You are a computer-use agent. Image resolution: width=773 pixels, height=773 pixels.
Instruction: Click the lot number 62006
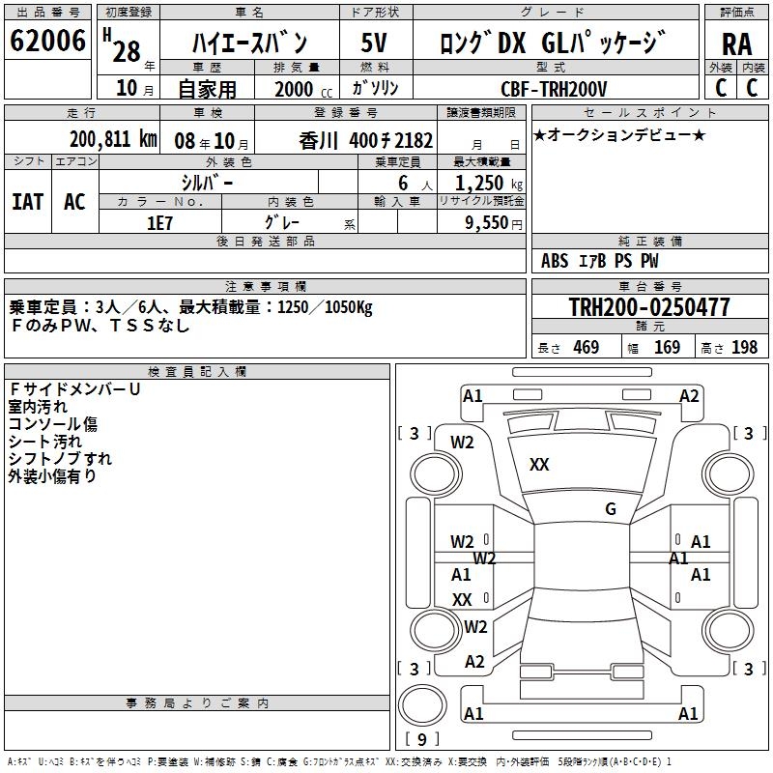(47, 40)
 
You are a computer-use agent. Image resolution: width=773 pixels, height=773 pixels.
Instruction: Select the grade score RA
(736, 44)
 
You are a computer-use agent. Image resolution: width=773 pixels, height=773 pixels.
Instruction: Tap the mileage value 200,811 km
(113, 139)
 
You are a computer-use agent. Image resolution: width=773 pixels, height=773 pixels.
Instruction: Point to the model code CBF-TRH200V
(554, 89)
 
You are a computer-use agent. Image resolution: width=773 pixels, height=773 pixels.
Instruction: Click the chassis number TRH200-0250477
(649, 306)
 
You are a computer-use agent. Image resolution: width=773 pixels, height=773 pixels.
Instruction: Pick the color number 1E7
(159, 223)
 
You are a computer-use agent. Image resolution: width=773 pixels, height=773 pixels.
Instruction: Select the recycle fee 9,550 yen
(494, 223)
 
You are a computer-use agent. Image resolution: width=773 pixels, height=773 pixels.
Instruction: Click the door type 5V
(374, 43)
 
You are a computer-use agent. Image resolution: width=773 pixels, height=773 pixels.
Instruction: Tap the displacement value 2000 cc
(303, 89)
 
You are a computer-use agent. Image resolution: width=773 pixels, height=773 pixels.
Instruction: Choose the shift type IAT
(28, 202)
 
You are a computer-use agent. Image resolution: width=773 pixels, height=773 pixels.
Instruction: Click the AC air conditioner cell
(74, 202)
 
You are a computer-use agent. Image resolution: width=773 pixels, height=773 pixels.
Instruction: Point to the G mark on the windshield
(611, 508)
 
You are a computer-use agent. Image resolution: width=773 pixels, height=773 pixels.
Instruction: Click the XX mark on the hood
(539, 464)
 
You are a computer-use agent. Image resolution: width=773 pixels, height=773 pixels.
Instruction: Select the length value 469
(587, 347)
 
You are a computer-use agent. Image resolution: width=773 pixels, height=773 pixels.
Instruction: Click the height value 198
(744, 347)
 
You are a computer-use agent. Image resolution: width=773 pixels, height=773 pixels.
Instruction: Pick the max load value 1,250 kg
(489, 184)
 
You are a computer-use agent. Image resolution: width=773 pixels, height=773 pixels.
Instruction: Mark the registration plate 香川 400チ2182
(366, 141)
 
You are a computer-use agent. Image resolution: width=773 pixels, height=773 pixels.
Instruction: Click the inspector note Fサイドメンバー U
(75, 389)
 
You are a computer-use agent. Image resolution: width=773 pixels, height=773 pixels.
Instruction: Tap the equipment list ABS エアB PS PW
(599, 261)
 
